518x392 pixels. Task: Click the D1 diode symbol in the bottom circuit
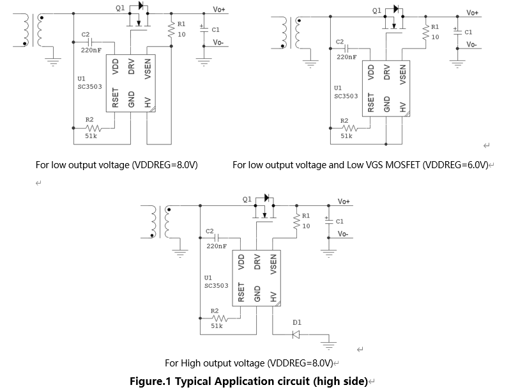(x=296, y=334)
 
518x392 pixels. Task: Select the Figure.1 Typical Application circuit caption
(x=248, y=382)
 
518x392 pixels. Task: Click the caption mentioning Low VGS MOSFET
(x=360, y=165)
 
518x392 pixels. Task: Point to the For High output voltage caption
(x=248, y=363)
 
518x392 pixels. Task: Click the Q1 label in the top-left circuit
(x=121, y=8)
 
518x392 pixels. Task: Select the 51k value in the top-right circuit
(x=346, y=136)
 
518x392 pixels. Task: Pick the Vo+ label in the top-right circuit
(x=473, y=13)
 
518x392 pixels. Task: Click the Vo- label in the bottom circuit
(x=343, y=234)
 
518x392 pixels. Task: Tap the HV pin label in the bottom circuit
(x=273, y=296)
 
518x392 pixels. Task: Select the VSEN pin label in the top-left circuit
(x=148, y=68)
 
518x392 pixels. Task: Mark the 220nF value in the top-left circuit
(x=92, y=49)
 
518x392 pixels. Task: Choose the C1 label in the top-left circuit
(x=215, y=29)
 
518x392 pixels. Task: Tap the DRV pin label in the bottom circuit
(x=257, y=262)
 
